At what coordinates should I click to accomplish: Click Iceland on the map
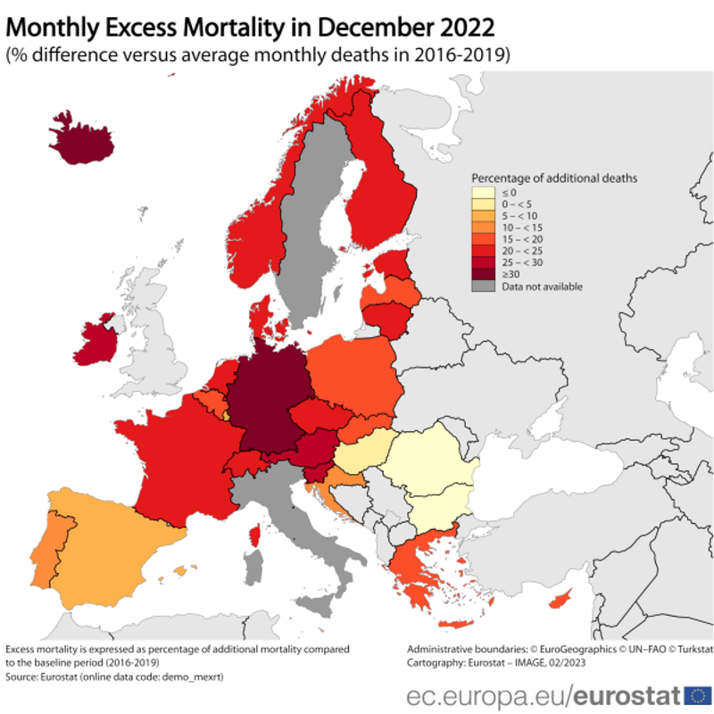75,138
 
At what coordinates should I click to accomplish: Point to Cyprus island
562,600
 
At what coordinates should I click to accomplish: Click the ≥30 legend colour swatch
483,274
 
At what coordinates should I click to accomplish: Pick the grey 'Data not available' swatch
483,286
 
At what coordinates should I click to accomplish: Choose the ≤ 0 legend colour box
483,192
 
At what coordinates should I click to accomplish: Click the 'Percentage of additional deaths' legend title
553,178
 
